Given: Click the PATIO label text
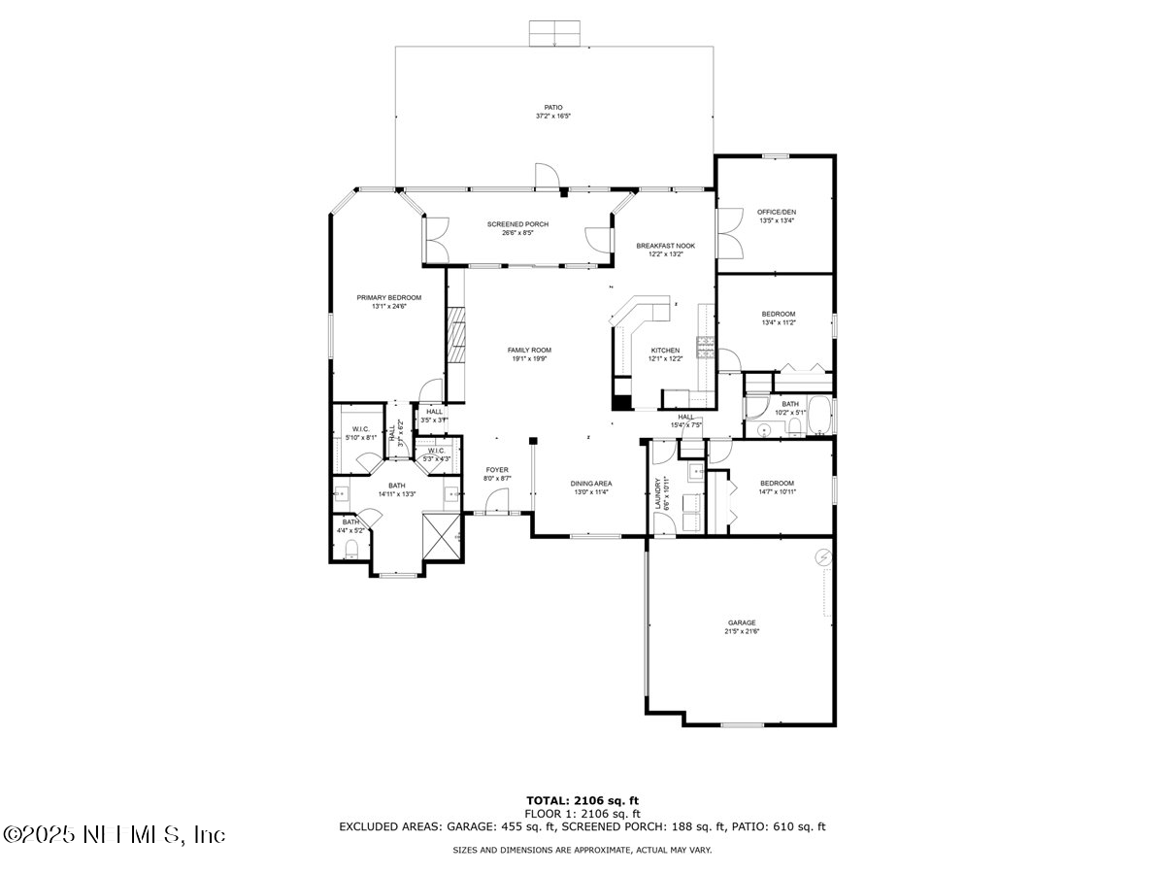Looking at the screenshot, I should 552,108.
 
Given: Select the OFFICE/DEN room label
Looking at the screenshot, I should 777,212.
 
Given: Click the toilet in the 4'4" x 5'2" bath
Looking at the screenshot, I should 352,551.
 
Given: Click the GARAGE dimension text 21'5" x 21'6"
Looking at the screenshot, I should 741,632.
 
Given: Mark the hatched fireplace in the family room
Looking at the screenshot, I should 455,334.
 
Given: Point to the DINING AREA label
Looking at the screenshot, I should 590,483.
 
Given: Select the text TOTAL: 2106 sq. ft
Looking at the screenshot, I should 582,800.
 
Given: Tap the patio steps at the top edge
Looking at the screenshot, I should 553,34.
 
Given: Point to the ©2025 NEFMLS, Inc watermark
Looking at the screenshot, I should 114,834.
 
